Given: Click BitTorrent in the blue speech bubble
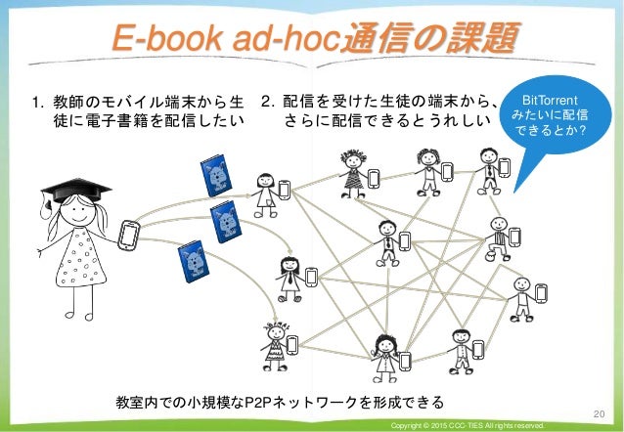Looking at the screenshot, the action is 550,101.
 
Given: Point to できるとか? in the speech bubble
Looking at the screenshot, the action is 550,132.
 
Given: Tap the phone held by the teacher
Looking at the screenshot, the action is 128,235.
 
